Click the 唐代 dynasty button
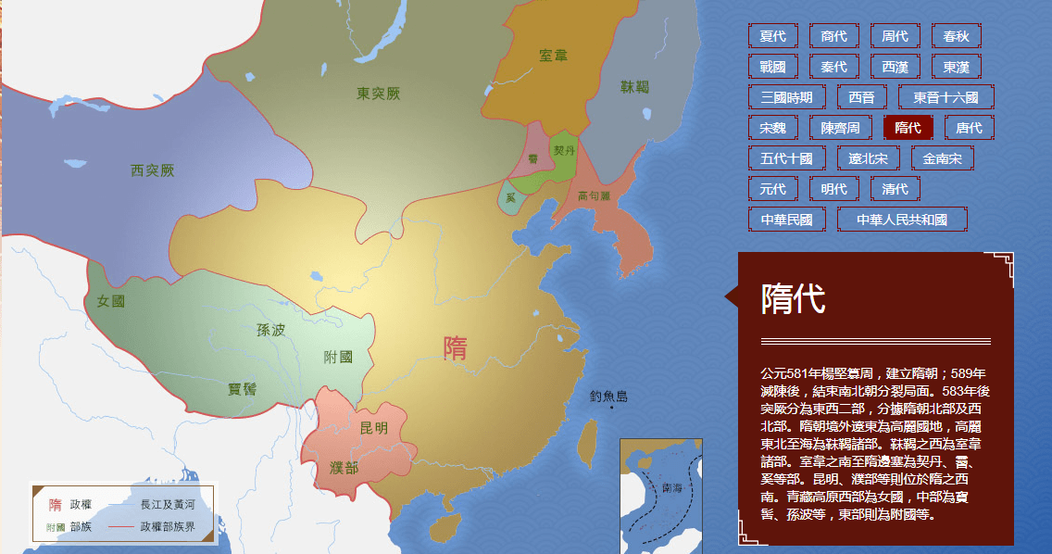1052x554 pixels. pos(970,128)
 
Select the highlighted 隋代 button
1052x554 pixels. pos(908,128)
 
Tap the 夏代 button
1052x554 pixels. pos(772,36)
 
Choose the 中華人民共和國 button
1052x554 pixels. pos(902,220)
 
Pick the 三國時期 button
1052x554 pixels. pos(786,97)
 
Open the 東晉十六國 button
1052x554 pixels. pos(946,97)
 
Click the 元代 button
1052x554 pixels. pos(772,189)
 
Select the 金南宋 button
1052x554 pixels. pos(943,158)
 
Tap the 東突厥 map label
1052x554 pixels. pos(378,94)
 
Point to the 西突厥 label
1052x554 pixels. pos(153,170)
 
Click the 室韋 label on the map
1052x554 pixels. pos(553,56)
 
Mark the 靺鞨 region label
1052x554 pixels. pos(635,87)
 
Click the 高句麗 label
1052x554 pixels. pos(594,196)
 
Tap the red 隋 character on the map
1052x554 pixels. pos(456,348)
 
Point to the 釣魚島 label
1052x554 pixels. pos(608,397)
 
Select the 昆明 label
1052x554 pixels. pos(373,428)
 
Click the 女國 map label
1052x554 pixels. pos(110,301)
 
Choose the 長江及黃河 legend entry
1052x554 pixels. pos(168,505)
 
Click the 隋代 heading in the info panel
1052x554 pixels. pos(793,299)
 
